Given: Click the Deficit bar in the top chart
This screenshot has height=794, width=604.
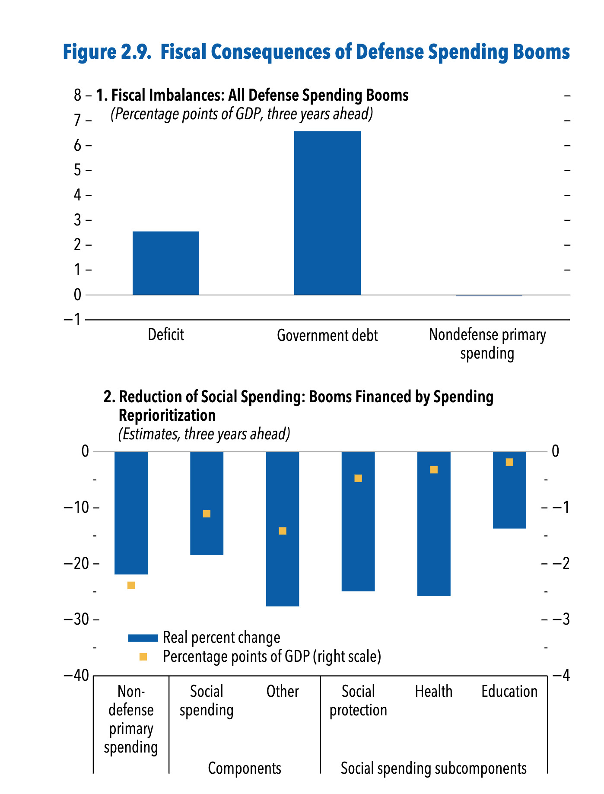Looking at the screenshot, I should pyautogui.click(x=165, y=263).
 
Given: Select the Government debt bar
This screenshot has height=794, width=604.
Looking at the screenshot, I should pyautogui.click(x=327, y=213).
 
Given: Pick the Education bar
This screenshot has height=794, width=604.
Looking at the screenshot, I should pyautogui.click(x=509, y=490).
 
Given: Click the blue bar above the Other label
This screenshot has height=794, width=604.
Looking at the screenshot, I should pyautogui.click(x=283, y=529).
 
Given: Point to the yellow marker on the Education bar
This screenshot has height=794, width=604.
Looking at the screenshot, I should pyautogui.click(x=509, y=462).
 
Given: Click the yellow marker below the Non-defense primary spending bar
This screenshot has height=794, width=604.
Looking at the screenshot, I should pyautogui.click(x=131, y=585).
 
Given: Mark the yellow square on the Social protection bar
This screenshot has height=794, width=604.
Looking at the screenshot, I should pyautogui.click(x=358, y=478).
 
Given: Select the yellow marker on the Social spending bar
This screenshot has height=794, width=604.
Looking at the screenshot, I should pyautogui.click(x=207, y=514).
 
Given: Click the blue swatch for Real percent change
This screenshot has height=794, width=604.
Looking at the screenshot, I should pyautogui.click(x=143, y=638).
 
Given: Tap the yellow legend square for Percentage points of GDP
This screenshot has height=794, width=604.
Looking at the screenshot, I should pyautogui.click(x=143, y=657).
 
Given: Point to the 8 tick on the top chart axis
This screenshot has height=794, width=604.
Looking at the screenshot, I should pyautogui.click(x=78, y=95).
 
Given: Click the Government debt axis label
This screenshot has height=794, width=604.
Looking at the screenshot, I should pyautogui.click(x=327, y=336).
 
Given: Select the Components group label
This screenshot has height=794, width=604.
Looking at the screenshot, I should pyautogui.click(x=245, y=769).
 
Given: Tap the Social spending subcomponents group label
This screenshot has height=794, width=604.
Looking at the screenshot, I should pyautogui.click(x=434, y=769).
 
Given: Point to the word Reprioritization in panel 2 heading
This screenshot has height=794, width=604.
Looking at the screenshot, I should pyautogui.click(x=167, y=415).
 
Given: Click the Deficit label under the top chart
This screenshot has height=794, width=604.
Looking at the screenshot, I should pyautogui.click(x=165, y=335).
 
